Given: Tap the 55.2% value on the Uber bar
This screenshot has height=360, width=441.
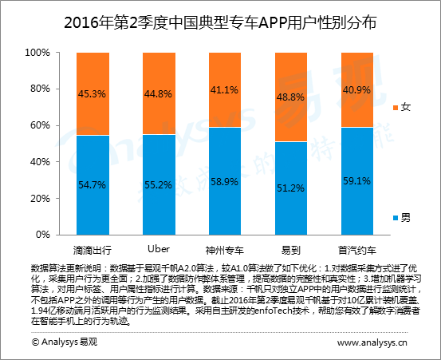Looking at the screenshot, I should pyautogui.click(x=158, y=184).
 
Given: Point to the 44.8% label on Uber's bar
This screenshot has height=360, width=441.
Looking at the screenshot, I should pyautogui.click(x=158, y=93).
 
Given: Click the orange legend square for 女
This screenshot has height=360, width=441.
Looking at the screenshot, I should pyautogui.click(x=396, y=107).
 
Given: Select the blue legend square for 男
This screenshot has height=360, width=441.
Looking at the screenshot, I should pyautogui.click(x=396, y=216).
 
